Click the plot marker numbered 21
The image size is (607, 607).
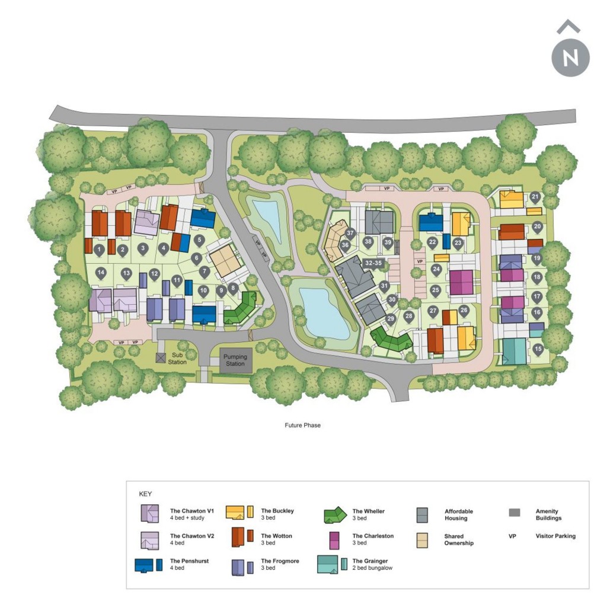pyautogui.click(x=535, y=197)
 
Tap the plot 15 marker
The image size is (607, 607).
pyautogui.click(x=538, y=350)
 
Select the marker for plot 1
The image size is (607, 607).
pyautogui.click(x=99, y=250)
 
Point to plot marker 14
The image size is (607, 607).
pyautogui.click(x=101, y=273)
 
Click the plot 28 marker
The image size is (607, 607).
pyautogui.click(x=408, y=317)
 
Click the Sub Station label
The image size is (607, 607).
pyautogui.click(x=177, y=359)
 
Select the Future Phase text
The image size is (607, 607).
pyautogui.click(x=302, y=425)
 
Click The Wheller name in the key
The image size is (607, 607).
pyautogui.click(x=369, y=511)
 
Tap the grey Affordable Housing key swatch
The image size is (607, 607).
pyautogui.click(x=423, y=515)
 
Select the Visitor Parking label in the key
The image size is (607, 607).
pyautogui.click(x=555, y=536)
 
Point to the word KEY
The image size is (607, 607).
pyautogui.click(x=145, y=494)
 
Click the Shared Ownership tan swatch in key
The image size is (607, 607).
pyautogui.click(x=423, y=539)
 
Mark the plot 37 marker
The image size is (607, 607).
pyautogui.click(x=350, y=234)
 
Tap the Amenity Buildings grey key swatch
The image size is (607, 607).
pyautogui.click(x=515, y=513)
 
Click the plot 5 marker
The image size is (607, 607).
pyautogui.click(x=199, y=240)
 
